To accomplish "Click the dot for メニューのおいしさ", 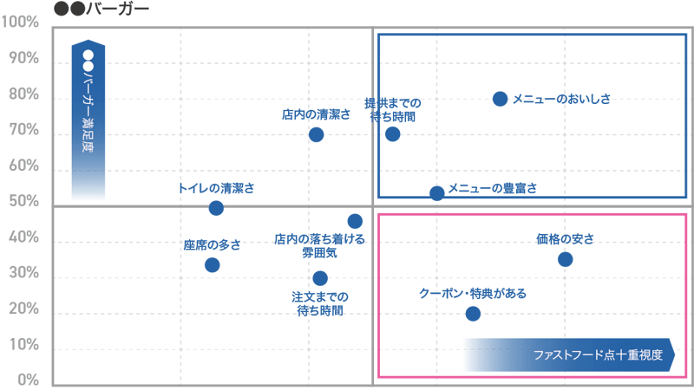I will click(x=501, y=99).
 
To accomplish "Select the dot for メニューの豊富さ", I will click(x=437, y=192).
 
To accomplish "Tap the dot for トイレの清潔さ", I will click(x=216, y=208).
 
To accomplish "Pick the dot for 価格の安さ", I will click(x=565, y=259).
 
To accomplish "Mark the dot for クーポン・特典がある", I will click(x=473, y=313).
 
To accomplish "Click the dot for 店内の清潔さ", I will click(x=317, y=134).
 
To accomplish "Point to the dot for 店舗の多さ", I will click(x=212, y=264).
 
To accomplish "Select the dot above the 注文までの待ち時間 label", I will click(x=320, y=277).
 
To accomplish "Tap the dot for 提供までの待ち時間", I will click(x=392, y=133).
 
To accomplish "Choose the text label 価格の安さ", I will click(x=564, y=237).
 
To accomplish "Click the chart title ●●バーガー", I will click(x=101, y=10).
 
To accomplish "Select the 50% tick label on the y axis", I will click(x=23, y=201).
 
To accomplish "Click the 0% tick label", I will click(x=28, y=380).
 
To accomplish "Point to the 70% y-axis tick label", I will click(x=23, y=130).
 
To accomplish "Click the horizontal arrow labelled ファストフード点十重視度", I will click(x=568, y=355).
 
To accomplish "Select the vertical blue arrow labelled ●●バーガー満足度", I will click(x=88, y=120).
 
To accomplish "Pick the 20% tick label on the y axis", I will click(x=23, y=309).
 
